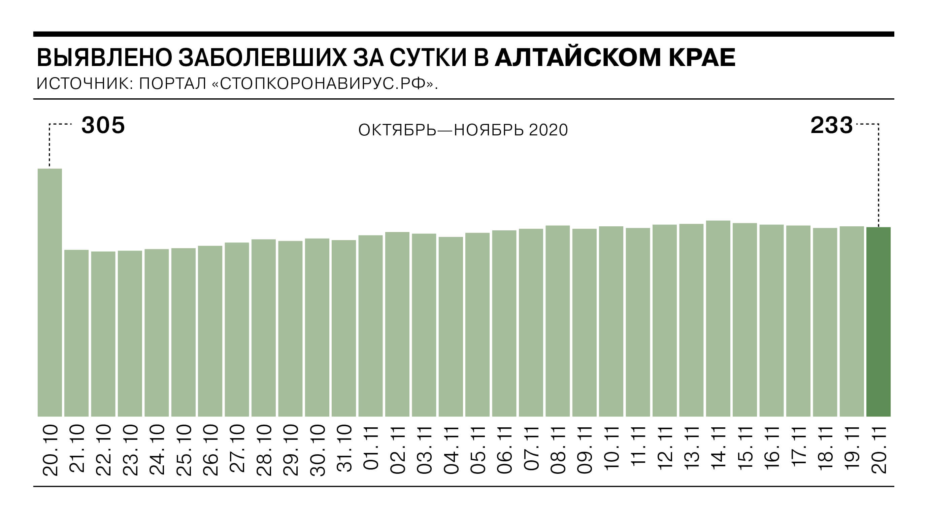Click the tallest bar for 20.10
pos(49,292)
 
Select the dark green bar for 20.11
pos(878,322)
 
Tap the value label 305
pos(103,125)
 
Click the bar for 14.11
pos(718,318)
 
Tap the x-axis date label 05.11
pos(477,450)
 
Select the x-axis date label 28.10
pos(264,450)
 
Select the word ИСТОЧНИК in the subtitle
pos(82,84)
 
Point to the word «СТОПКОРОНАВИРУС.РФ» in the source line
pos(323,84)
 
